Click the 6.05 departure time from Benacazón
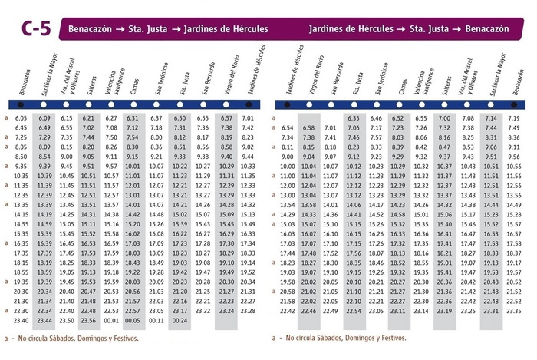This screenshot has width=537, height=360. coord(21,118)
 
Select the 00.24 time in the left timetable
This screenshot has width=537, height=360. coord(180,321)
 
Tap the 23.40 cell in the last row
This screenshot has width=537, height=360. coord(21,321)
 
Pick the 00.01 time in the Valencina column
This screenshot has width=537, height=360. coord(111,321)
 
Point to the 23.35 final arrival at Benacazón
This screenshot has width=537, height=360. coord(515,311)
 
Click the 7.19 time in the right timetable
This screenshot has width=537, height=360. coord(515,118)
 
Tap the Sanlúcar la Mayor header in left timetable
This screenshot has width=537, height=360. coord(49,73)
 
